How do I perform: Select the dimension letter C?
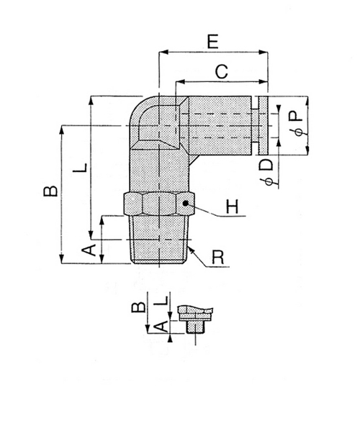coord(222,72)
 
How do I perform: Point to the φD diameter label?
coord(266,173)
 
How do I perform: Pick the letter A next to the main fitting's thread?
coord(90,250)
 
